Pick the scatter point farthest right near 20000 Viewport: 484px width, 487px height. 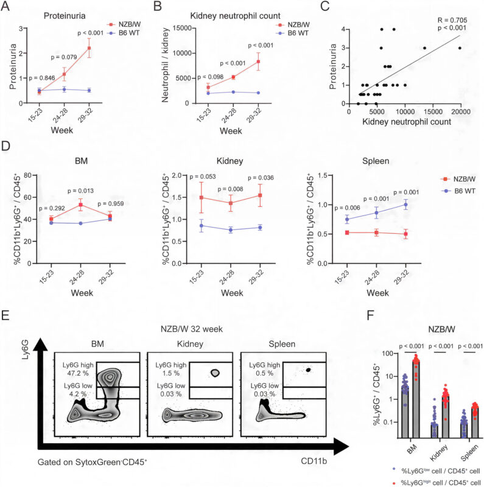(460, 48)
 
